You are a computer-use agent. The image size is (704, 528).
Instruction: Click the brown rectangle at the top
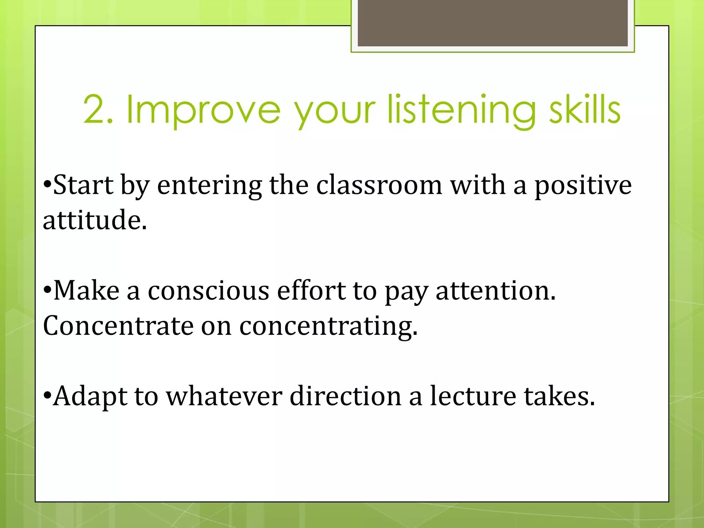pos(493,23)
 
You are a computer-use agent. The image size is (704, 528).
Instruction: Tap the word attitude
pos(95,220)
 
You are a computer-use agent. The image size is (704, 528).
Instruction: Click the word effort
pos(311,291)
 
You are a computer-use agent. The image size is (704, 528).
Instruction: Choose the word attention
pos(495,291)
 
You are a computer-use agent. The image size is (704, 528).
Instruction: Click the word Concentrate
pos(118,326)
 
